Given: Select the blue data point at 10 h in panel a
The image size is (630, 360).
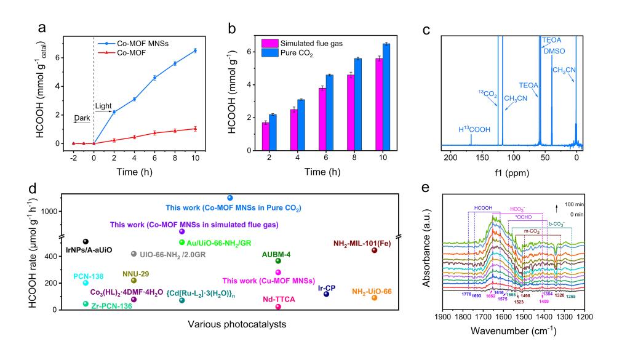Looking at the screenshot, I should click(x=195, y=50).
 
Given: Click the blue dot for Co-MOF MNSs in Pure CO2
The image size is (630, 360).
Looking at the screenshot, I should click(x=230, y=198).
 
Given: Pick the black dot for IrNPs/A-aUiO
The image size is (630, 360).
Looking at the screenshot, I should click(x=86, y=241).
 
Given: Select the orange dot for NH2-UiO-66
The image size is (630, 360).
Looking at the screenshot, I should click(x=374, y=298).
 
